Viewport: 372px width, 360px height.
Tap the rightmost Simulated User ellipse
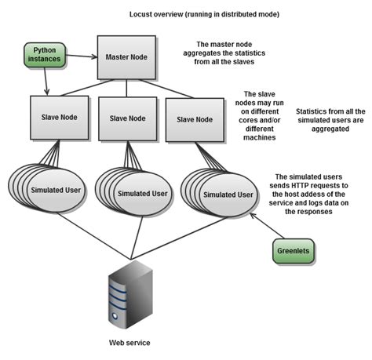point(228,194)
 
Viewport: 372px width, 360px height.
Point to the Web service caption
point(129,343)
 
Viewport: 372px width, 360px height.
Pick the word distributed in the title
point(229,15)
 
